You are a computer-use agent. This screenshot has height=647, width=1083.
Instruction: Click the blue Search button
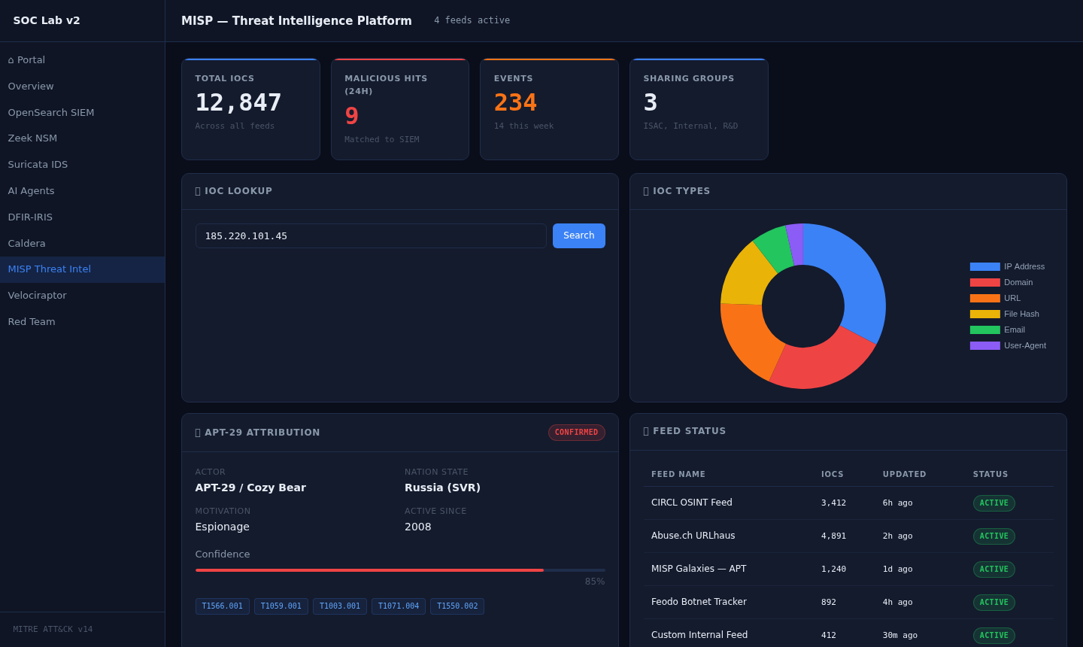578,235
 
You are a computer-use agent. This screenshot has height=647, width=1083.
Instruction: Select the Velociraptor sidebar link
37,296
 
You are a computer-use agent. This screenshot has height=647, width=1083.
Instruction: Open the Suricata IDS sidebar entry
38,165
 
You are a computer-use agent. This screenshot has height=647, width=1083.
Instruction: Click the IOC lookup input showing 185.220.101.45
371,236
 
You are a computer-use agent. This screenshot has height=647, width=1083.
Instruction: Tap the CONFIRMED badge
576,433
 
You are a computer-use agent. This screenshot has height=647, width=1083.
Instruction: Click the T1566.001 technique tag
223,606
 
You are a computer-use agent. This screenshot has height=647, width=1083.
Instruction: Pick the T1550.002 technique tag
457,606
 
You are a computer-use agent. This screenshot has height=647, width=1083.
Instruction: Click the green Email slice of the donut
773,248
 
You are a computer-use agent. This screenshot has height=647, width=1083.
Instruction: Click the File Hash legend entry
1008,314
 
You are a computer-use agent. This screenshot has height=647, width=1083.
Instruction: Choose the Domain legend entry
1004,282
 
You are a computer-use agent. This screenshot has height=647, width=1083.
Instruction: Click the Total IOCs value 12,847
238,102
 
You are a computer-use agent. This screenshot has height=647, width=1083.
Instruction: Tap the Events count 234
516,102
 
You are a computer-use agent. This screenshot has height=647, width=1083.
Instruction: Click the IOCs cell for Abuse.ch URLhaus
833,536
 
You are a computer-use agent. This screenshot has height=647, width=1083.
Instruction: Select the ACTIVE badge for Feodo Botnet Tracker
994,603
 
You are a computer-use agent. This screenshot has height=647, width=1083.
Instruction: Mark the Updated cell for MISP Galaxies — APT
897,570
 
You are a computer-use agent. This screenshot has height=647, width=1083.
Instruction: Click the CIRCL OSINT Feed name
692,503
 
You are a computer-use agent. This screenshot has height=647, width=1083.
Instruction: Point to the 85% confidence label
595,582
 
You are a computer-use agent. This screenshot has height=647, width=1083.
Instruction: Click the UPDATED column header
904,474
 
